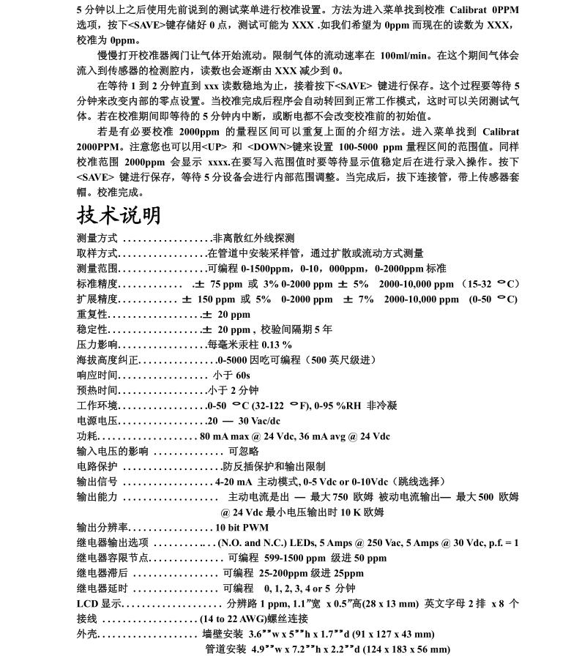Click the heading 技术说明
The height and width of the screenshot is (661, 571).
pos(119,215)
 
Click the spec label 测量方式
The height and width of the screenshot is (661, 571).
pos(97,238)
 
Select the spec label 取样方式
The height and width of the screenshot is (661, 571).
pos(97,253)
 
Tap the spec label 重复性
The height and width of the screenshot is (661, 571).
pos(92,315)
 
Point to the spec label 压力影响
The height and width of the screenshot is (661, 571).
pos(97,345)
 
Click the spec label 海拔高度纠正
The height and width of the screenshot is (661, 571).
pos(107,360)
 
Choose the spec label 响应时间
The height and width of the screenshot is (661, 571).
pos(97,375)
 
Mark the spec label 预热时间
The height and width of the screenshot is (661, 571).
pos(97,390)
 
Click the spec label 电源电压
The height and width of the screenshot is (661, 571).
pos(97,421)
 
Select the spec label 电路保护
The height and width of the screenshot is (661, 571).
pos(97,466)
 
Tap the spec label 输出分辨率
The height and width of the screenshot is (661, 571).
pos(102,527)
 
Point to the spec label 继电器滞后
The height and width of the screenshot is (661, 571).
pos(102,573)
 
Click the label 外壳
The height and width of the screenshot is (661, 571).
pos(86,634)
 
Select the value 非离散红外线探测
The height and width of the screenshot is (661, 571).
pos(253,238)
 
